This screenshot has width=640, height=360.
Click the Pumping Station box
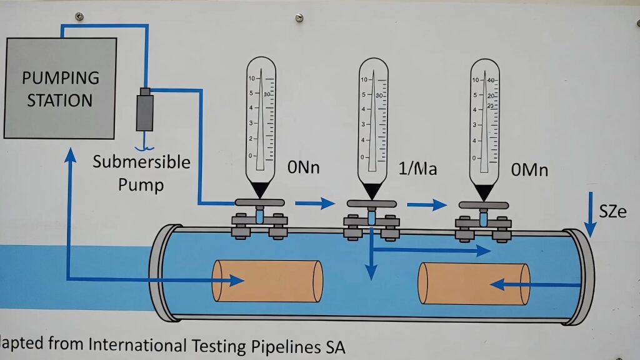pos(60,88)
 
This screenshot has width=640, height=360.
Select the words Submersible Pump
pos(142,173)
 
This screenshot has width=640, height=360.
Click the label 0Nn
pos(304,167)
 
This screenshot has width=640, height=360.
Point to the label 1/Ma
pos(417,169)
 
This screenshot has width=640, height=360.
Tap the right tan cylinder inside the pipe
pos(474,284)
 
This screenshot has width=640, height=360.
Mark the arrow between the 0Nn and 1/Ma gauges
pos(316,202)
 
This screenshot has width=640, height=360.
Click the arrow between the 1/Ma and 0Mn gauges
pos(427,204)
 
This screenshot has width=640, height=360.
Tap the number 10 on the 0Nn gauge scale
pos(251,79)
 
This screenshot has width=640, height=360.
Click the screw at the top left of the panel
pos(79,16)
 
